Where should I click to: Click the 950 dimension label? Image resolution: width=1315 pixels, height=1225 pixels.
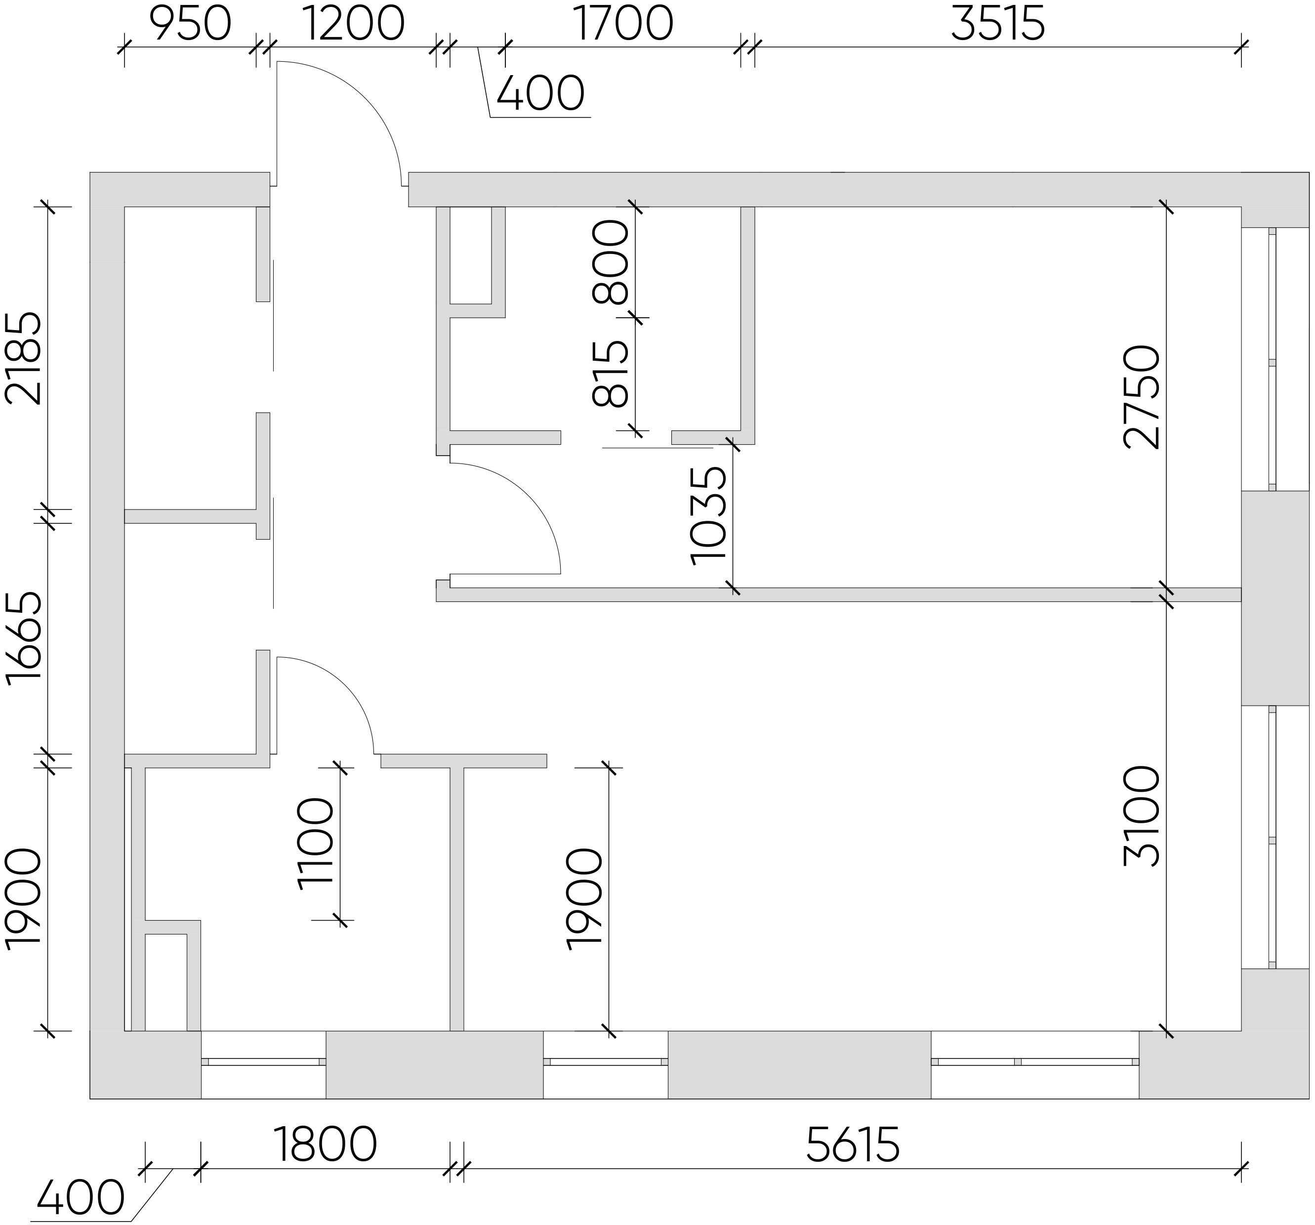(x=191, y=25)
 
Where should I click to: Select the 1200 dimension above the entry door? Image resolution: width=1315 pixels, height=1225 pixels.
(x=354, y=25)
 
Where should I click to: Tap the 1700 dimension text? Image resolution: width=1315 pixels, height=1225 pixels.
(x=623, y=25)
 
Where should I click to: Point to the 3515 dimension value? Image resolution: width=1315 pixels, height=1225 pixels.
(x=997, y=25)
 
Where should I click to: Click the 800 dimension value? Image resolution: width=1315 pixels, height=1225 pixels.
(x=610, y=262)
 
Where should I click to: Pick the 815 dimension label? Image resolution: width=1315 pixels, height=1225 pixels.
(x=610, y=374)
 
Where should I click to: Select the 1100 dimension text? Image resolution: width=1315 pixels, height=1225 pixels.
(x=316, y=845)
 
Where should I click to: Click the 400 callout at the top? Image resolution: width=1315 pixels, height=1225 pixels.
(x=540, y=93)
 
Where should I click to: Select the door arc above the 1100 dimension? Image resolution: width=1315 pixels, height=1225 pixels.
(x=345, y=685)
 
